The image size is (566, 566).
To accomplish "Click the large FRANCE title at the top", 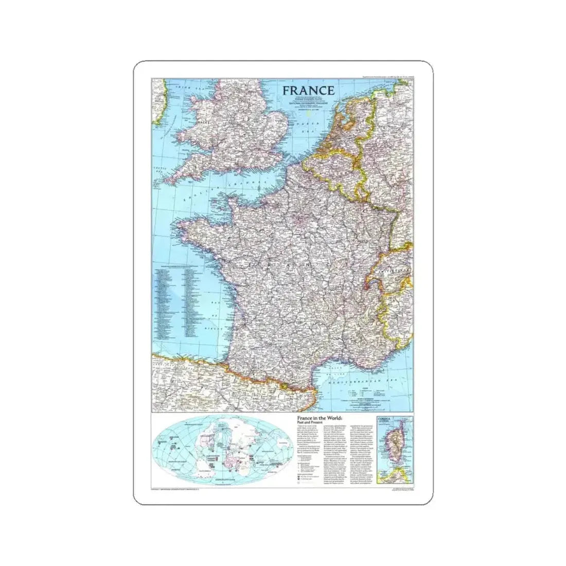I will coord(308,90).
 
